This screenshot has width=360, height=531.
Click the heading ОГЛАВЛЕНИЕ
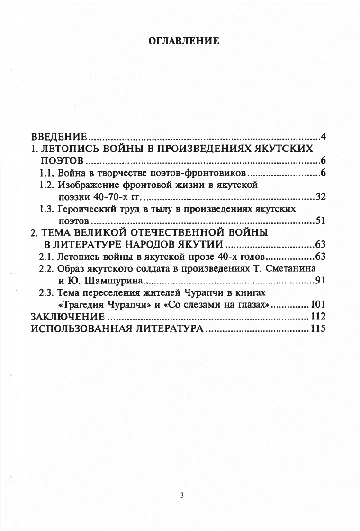[184, 41]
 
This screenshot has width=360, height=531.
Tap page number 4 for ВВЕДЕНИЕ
[323, 138]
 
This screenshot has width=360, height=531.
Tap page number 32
[320, 197]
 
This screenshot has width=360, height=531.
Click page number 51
[320, 221]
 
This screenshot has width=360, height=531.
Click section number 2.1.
[47, 257]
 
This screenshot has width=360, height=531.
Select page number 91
[320, 282]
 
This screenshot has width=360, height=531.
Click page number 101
[318, 305]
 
